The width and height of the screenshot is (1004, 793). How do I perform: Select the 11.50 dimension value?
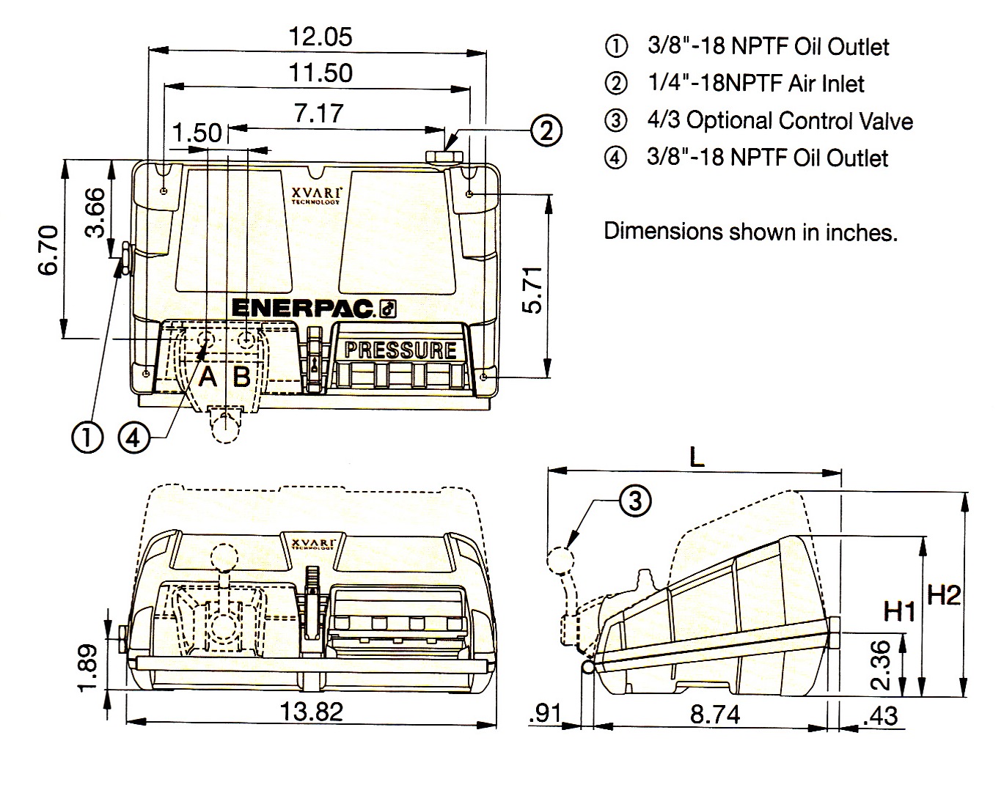[x=320, y=73]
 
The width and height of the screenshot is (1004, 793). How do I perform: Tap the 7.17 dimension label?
[x=318, y=113]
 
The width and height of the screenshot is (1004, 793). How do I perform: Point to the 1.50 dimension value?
[x=198, y=133]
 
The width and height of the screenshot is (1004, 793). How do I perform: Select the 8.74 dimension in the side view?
[x=714, y=714]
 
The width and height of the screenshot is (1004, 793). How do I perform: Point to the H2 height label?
[x=943, y=595]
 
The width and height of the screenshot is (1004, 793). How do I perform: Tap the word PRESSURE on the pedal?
[x=400, y=350]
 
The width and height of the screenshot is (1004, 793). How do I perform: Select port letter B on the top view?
[x=242, y=377]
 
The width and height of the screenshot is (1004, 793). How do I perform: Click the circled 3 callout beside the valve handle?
[x=634, y=500]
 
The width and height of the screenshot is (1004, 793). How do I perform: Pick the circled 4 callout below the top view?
[x=133, y=438]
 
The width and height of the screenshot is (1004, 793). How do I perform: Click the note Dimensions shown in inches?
[x=750, y=232]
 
